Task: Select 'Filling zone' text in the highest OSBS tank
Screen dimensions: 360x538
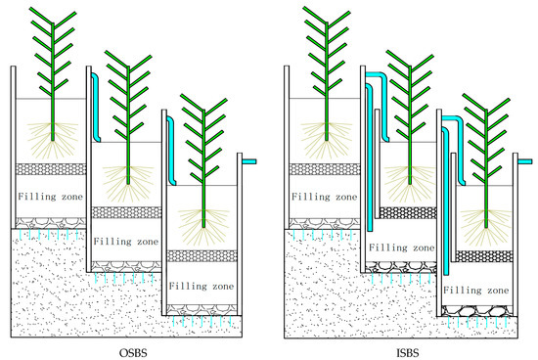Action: (x=49, y=195)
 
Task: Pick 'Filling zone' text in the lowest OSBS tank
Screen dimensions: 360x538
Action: (x=202, y=288)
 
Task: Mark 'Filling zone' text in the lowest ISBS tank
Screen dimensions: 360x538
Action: (x=476, y=291)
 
